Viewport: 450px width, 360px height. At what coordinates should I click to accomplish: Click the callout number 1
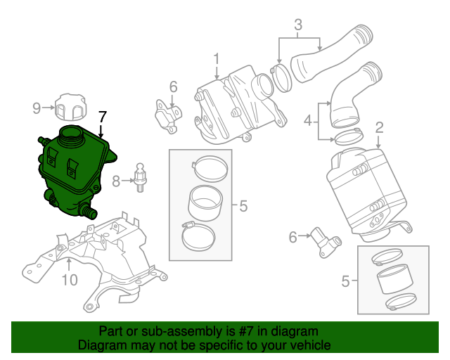[217, 58]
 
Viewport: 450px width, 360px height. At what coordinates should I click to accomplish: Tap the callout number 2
[379, 127]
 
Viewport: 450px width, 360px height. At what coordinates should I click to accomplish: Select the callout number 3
[298, 26]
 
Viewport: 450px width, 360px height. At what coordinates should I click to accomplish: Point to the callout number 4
[307, 122]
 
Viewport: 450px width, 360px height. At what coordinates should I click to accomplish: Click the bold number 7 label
[103, 117]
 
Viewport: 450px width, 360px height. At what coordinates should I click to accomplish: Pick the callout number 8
[117, 181]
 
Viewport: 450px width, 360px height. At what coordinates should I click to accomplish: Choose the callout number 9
[37, 108]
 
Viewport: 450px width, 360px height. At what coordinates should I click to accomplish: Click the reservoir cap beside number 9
[70, 107]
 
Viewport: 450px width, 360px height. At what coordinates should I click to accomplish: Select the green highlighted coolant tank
[70, 172]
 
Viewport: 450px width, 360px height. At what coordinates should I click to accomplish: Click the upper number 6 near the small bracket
[173, 87]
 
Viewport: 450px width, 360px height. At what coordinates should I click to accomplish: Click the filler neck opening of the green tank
[72, 133]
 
